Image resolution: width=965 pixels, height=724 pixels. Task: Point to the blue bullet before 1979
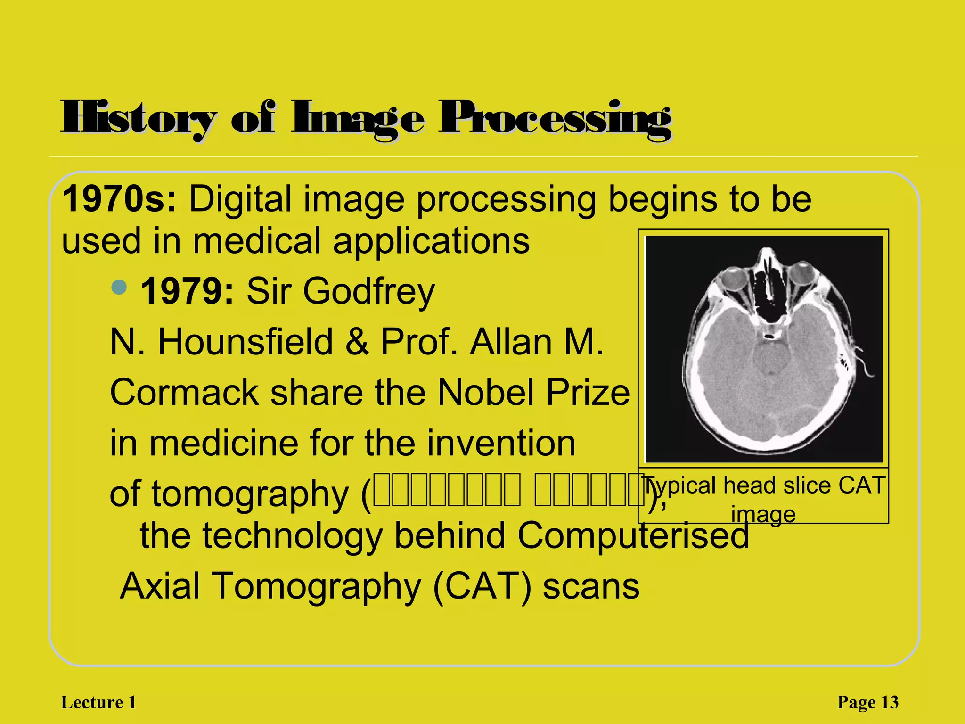click(x=120, y=287)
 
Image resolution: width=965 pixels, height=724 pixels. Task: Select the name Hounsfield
click(x=245, y=342)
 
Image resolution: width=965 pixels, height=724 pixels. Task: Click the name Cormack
click(x=184, y=393)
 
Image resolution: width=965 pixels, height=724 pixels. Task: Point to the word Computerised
click(x=633, y=536)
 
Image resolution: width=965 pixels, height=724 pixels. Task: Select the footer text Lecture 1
click(x=98, y=702)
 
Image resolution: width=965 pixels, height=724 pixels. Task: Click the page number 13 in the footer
click(x=890, y=702)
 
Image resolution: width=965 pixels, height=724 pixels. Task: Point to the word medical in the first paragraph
click(x=256, y=241)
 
